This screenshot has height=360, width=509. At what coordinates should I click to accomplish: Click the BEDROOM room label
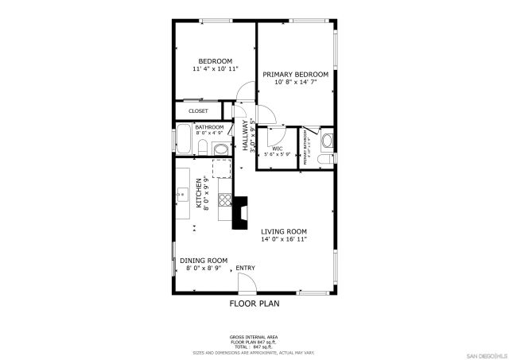pyautogui.click(x=215, y=61)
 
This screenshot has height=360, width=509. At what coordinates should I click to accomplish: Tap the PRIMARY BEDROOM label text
pyautogui.click(x=295, y=75)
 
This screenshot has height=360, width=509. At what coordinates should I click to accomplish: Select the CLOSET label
pyautogui.click(x=198, y=111)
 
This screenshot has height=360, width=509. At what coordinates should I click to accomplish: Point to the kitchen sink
pyautogui.click(x=182, y=193)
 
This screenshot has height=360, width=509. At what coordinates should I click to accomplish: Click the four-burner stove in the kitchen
pyautogui.click(x=225, y=200)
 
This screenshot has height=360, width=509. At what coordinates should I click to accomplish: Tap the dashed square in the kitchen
pyautogui.click(x=220, y=168)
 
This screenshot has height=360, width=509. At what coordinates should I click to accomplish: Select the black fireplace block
pyautogui.click(x=239, y=215)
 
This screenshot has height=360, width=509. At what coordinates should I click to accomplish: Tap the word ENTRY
pyautogui.click(x=245, y=268)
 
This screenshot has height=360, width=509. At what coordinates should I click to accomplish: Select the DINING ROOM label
pyautogui.click(x=204, y=261)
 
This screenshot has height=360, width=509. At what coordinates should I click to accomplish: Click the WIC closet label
pyautogui.click(x=277, y=148)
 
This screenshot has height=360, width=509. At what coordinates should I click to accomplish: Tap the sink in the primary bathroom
pyautogui.click(x=328, y=141)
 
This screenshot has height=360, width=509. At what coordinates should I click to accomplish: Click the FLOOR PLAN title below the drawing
pyautogui.click(x=254, y=304)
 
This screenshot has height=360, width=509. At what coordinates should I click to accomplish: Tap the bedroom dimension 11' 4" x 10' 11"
pyautogui.click(x=215, y=69)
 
